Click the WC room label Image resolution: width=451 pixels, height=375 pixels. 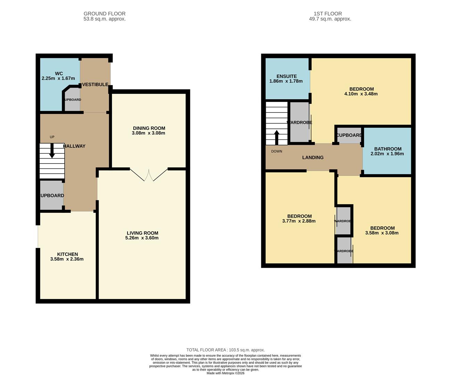click(59, 74)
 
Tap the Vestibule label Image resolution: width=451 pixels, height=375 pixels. click(95, 84)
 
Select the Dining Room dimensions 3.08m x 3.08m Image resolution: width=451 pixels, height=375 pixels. click(148, 133)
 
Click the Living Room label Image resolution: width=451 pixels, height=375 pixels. click(142, 233)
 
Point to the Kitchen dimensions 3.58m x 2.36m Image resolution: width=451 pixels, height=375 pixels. click(67, 259)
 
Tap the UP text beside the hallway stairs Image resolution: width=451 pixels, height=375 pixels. click(52, 137)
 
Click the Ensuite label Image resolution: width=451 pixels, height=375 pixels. click(286, 76)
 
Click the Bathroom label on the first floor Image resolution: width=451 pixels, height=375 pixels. click(387, 149)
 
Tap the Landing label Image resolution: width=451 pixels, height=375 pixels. click(313, 157)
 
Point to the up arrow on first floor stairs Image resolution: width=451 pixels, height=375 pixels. click(277, 137)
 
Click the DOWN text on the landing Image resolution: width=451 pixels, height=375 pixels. click(277, 151)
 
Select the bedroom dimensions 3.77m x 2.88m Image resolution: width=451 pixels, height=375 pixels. click(299, 221)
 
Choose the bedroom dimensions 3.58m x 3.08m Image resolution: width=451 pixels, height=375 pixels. click(382, 233)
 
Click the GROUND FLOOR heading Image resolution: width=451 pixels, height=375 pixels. click(104, 14)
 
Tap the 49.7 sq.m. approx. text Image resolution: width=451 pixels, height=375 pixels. click(330, 19)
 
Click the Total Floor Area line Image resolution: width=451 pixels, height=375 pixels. click(225, 350)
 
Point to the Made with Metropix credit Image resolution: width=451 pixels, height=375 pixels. click(225, 373)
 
